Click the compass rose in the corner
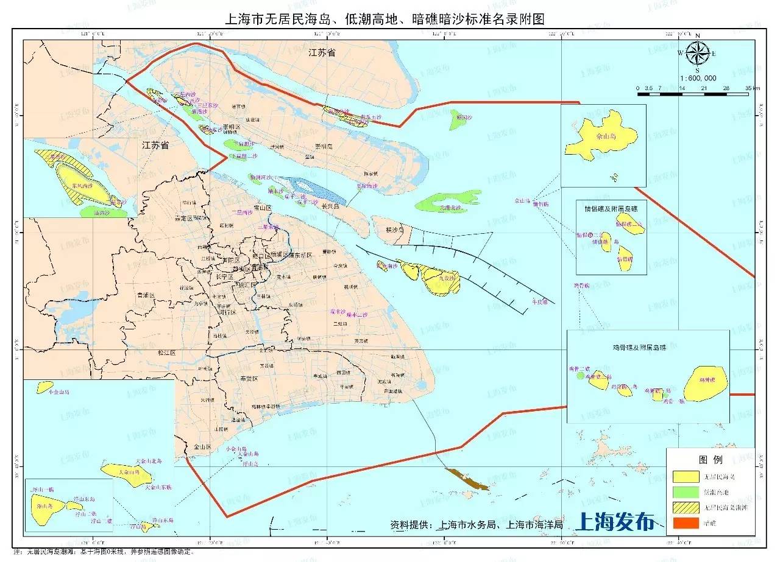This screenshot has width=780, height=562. (697, 53)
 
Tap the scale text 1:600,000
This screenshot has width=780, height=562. (698, 78)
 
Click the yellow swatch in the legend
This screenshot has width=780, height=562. (686, 476)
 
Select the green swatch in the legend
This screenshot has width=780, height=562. (686, 491)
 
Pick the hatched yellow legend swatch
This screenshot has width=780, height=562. (686, 507)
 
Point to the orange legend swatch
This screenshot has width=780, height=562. (686, 522)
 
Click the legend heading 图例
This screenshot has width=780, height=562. (710, 460)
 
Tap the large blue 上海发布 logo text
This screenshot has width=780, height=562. (615, 522)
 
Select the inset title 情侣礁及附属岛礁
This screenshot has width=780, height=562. (611, 208)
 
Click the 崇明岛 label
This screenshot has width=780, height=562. (324, 147)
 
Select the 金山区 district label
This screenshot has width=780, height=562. (202, 447)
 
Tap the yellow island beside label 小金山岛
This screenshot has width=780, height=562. (46, 386)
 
